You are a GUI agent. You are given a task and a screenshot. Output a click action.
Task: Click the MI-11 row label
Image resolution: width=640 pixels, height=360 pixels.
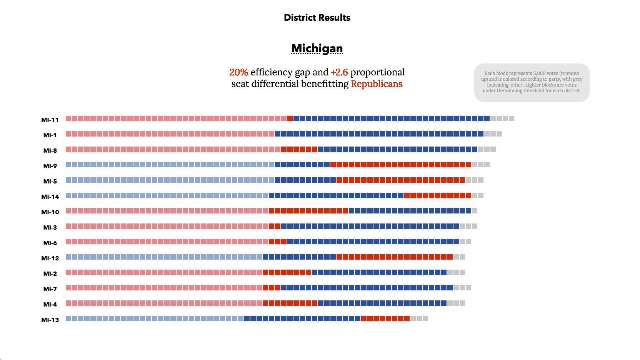pyautogui.click(x=50, y=120)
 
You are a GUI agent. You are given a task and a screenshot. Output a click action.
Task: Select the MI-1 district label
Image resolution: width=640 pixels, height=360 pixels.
pyautogui.click(x=50, y=135)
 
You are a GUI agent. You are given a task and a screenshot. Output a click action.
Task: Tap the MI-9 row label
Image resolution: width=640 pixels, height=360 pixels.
pyautogui.click(x=50, y=166)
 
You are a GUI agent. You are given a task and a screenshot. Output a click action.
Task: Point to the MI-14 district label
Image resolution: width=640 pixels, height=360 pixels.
pyautogui.click(x=50, y=197)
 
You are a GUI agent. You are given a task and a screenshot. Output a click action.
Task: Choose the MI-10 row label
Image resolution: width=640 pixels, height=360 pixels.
pyautogui.click(x=50, y=212)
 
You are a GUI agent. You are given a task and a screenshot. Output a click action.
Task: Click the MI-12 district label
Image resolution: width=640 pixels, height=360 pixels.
pyautogui.click(x=50, y=258)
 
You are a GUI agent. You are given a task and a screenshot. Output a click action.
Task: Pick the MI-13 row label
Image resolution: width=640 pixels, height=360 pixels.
pyautogui.click(x=50, y=320)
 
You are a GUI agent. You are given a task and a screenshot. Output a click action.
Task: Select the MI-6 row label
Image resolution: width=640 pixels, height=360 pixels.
pyautogui.click(x=50, y=243)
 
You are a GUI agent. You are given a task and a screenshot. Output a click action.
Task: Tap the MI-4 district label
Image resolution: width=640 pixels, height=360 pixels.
pyautogui.click(x=50, y=305)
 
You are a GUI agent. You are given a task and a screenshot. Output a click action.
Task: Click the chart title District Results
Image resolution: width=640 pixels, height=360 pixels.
pyautogui.click(x=317, y=18)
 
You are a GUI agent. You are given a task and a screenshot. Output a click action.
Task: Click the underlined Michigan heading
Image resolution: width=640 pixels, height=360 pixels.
pyautogui.click(x=317, y=48)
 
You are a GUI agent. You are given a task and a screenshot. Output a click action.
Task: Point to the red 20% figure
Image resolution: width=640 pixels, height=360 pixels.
pyautogui.click(x=238, y=72)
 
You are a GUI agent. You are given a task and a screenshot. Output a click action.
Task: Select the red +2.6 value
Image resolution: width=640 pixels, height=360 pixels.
pyautogui.click(x=339, y=72)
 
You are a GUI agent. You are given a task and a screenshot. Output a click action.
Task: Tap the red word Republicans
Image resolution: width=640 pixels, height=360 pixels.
pyautogui.click(x=377, y=84)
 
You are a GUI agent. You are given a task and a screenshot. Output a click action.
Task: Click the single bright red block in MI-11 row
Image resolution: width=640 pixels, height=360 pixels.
pyautogui.click(x=290, y=118)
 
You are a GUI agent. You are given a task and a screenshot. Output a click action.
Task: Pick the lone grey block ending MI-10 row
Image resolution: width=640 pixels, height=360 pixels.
pyautogui.click(x=475, y=211)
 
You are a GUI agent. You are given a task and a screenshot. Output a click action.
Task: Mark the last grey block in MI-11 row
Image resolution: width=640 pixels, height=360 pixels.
pyautogui.click(x=512, y=118)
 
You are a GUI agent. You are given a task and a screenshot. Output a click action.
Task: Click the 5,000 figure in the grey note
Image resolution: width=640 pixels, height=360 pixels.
pyautogui.click(x=540, y=73)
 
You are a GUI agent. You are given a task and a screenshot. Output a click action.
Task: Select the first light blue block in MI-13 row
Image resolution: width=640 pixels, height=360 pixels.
pyautogui.click(x=68, y=318)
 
